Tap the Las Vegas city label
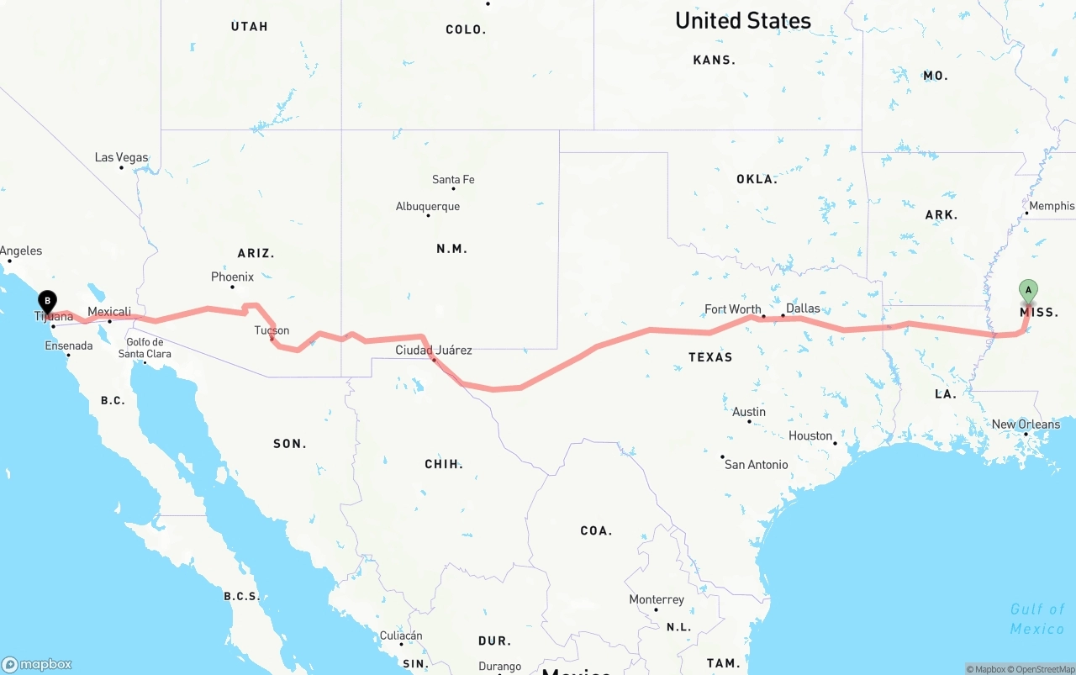click(121, 158)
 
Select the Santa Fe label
click(453, 180)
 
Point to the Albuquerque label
click(428, 207)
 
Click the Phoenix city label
click(232, 277)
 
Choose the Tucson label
click(272, 331)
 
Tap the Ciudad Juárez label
click(434, 351)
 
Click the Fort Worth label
click(733, 309)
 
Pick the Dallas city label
click(803, 308)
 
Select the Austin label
click(749, 412)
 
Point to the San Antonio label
click(757, 465)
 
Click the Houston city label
click(810, 436)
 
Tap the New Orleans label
click(1026, 425)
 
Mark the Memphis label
click(1051, 206)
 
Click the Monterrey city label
click(657, 600)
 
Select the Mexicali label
click(109, 312)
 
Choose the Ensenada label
click(69, 346)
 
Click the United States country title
click(743, 21)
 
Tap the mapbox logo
click(37, 664)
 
